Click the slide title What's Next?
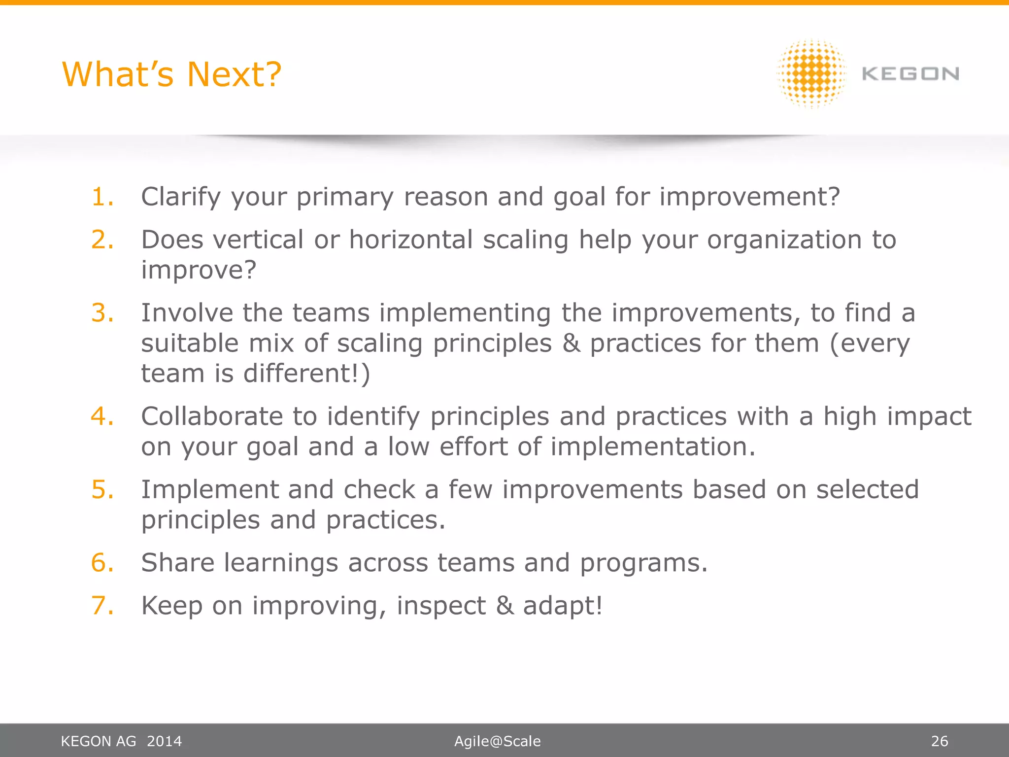coord(171,74)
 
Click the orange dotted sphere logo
coord(811,74)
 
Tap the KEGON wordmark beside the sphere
coord(910,74)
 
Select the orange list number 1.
coord(102,197)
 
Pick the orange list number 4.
coord(102,416)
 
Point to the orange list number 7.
coord(102,605)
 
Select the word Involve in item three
coord(187,313)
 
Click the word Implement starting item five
coord(210,490)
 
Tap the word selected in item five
coord(867,490)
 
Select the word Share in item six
coord(178,563)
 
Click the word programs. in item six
coord(643,564)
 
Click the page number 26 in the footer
coord(939,741)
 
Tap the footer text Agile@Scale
coord(497,741)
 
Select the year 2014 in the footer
coord(164,741)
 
